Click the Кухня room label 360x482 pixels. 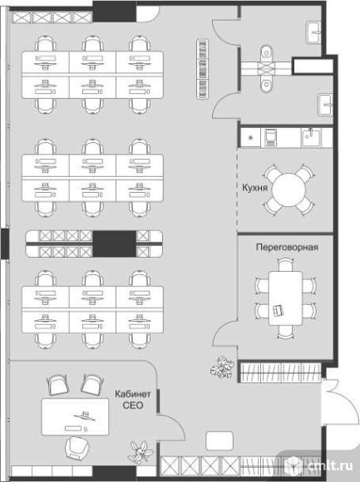[254, 188]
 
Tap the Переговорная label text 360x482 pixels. [287, 247]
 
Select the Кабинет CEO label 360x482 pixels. [133, 400]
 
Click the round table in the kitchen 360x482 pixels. [289, 190]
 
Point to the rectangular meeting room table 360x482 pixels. [285, 298]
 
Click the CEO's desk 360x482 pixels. [75, 416]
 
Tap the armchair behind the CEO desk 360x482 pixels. [77, 448]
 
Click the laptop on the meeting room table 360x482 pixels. [279, 310]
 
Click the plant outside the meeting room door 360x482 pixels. [222, 367]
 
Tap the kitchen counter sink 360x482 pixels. [311, 137]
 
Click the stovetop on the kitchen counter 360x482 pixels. [270, 137]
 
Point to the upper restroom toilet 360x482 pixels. [266, 53]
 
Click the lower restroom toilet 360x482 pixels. [266, 84]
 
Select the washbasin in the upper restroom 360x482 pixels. [314, 32]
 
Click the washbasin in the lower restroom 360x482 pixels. [325, 105]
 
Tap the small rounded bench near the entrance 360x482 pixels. [219, 440]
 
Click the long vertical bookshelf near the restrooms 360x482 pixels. [202, 69]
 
